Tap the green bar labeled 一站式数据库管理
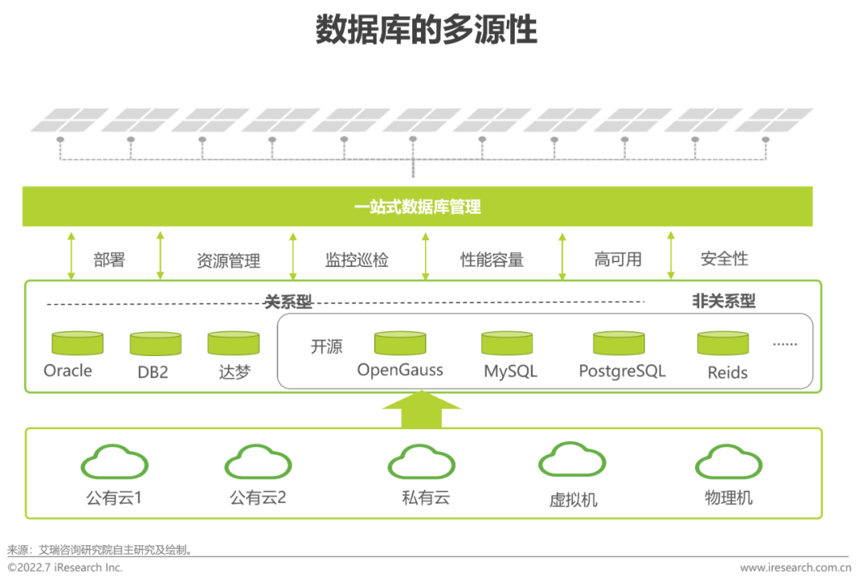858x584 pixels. coord(417,207)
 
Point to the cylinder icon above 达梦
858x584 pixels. coord(234,343)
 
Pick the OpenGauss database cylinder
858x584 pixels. coord(400,343)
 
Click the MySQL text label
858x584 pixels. coord(511,371)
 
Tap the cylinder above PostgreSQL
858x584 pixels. coord(618,343)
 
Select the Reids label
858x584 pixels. coord(728,372)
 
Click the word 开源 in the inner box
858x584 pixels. coord(327,347)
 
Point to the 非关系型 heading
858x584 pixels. coord(724,301)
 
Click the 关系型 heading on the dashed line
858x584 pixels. coord(288,302)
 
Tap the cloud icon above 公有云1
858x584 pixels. coord(114,462)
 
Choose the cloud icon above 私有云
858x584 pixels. coord(421,462)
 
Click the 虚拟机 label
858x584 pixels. coord(573,500)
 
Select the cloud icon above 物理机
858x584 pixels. coord(728,462)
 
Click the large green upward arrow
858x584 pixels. coord(421,409)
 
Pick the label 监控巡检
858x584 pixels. coord(357,260)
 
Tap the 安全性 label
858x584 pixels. coord(724,259)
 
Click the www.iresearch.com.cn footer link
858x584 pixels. coord(795,567)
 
